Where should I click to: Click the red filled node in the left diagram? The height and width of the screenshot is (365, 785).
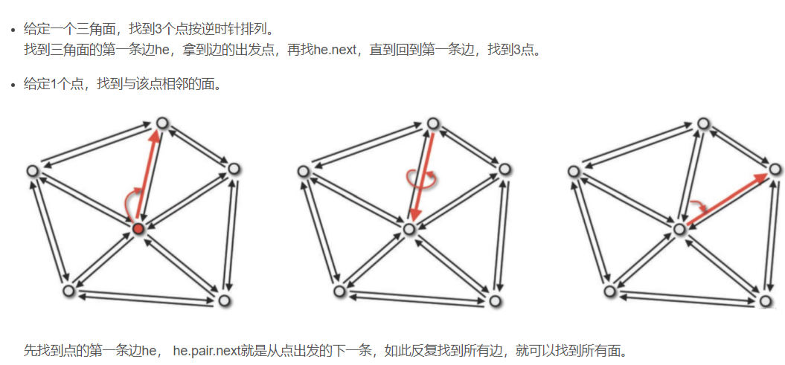tap(138, 228)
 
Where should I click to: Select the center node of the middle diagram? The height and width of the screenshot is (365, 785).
tap(408, 229)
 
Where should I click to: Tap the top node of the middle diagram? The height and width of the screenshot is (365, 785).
tap(433, 122)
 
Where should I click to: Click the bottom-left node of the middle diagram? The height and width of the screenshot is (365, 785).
tap(340, 291)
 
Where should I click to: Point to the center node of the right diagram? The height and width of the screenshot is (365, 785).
tap(679, 229)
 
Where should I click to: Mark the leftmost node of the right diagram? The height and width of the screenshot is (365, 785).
tap(574, 172)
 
